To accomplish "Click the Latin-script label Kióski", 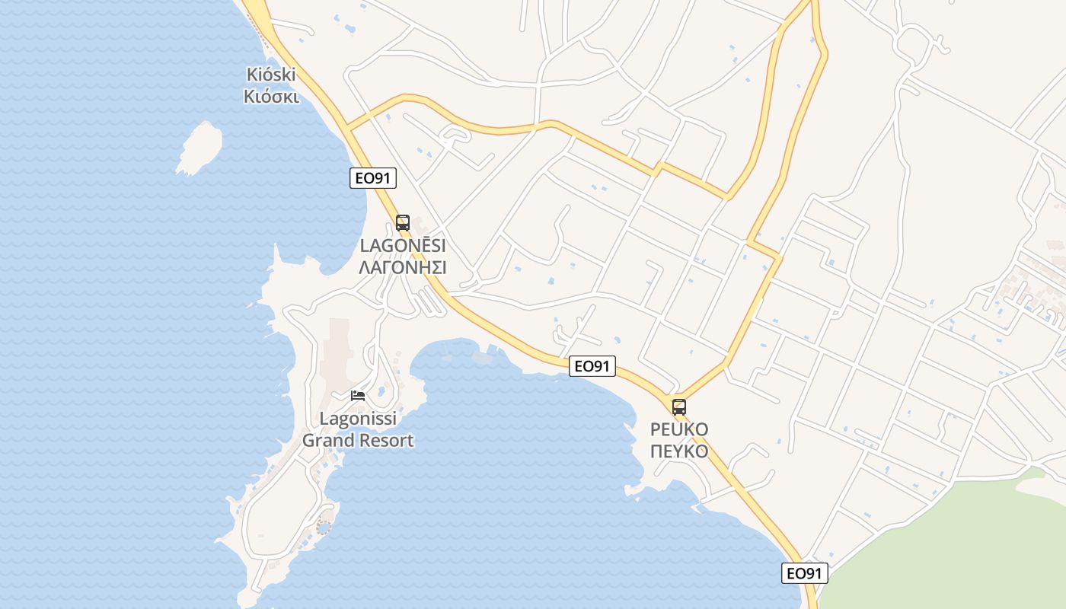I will pos(270,75).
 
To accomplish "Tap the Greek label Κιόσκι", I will pos(271,97).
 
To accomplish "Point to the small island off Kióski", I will pos(200,147).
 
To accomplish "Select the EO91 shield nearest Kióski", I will pos(373,178).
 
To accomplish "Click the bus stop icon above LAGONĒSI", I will pos(403,223).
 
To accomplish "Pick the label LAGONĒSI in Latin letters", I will pos(402,246).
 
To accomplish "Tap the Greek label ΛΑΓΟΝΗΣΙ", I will pos(402,267).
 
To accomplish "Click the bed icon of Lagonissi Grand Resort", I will pos(358,395).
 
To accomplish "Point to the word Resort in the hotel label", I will pos(388,440).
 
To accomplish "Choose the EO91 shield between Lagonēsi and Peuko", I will pos(592,366).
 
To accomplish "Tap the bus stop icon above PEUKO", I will pos(679,407).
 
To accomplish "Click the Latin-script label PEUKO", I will pos(679,429).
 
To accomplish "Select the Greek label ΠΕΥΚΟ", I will pos(679,451).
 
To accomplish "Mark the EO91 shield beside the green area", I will pos(804,573).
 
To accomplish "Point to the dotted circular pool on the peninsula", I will pos(324,525).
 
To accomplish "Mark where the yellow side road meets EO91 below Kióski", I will pos(349,125).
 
